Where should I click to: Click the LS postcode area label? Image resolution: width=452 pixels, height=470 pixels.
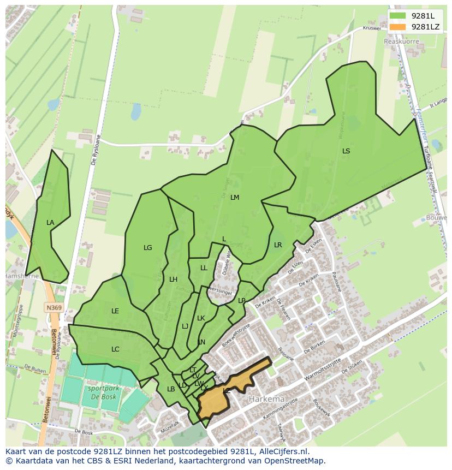(346, 151)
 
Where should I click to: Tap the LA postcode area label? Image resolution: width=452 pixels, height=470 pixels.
(50, 223)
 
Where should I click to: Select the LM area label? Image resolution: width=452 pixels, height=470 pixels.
(235, 198)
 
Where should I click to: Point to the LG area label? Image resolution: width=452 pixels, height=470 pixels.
(147, 248)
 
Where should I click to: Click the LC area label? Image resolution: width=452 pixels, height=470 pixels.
(115, 349)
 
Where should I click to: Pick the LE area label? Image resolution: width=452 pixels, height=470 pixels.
(115, 311)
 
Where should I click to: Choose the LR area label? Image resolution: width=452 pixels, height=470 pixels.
(278, 245)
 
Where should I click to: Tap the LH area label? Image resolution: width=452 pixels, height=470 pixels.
(173, 279)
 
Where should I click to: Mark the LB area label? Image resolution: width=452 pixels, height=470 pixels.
(171, 389)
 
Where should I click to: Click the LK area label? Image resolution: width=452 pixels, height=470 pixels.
(201, 318)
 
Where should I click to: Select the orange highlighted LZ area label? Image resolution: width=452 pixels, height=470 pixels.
(227, 391)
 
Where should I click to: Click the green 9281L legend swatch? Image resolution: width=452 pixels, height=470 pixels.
(398, 16)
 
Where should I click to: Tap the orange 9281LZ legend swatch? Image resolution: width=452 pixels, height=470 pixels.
(398, 27)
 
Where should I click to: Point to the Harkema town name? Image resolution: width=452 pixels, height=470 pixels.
(267, 399)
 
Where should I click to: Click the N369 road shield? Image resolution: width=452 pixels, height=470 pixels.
(53, 308)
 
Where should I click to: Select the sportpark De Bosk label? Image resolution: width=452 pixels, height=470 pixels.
(101, 393)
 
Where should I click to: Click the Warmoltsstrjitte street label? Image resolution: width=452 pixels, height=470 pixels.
(322, 368)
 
